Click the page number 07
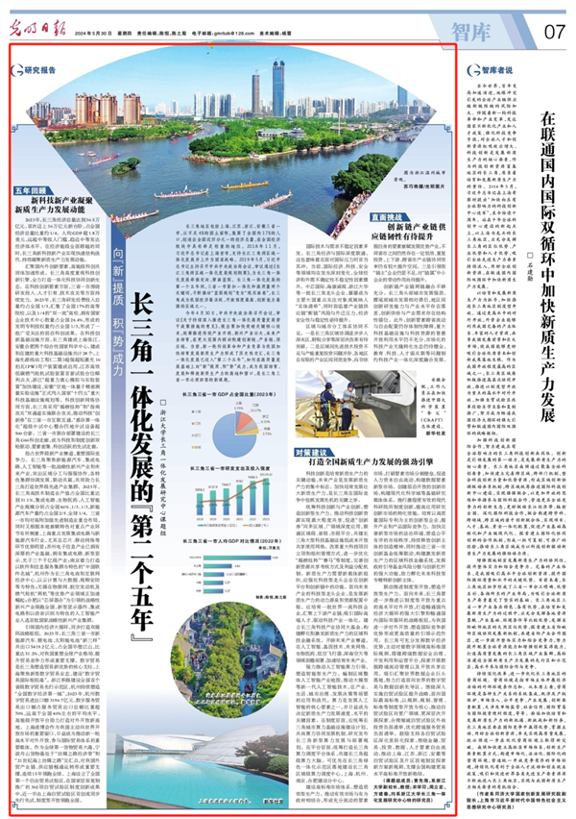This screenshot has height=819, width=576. coord(553,31)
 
